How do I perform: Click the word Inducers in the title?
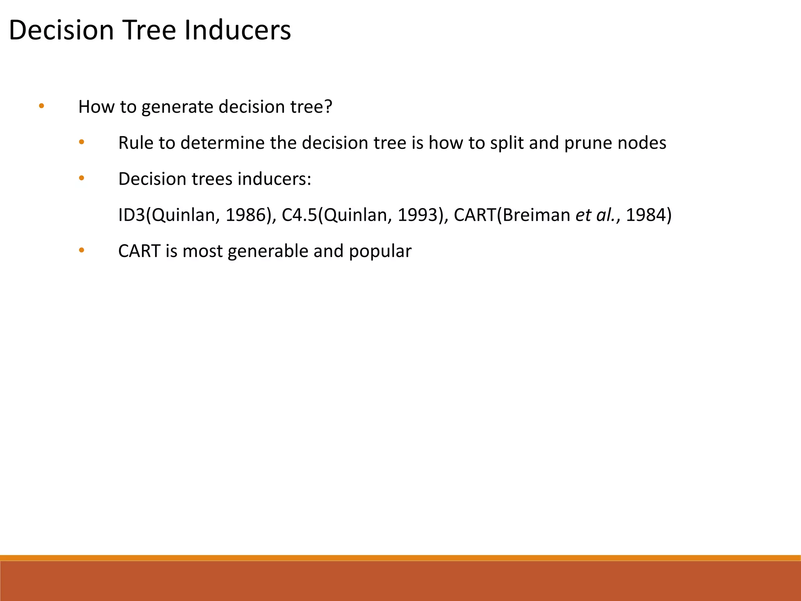tap(237, 30)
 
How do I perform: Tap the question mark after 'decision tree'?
tap(328, 106)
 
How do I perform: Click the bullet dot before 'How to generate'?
tap(41, 106)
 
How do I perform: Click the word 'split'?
tap(507, 143)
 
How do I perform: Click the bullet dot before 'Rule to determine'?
tap(81, 142)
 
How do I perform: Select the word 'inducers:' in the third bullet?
tap(274, 179)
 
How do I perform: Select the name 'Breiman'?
tap(537, 215)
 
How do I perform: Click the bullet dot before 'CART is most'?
tap(81, 250)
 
